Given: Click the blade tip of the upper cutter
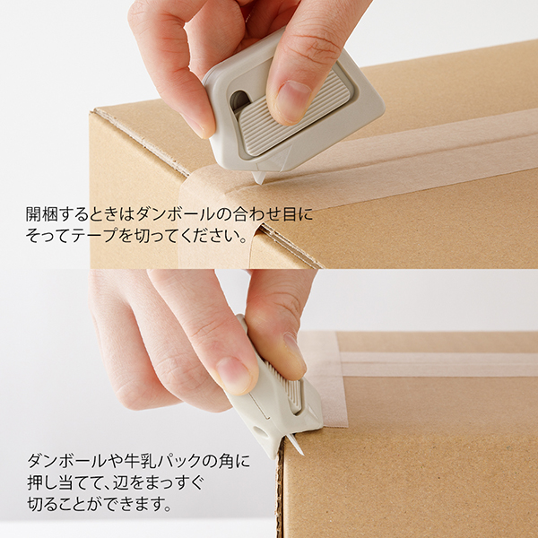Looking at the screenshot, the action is pyautogui.click(x=260, y=184).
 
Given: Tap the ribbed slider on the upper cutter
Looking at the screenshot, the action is pyautogui.click(x=294, y=114).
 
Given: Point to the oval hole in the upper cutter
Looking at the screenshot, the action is pyautogui.click(x=239, y=100).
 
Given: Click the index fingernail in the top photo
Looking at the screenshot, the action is pyautogui.click(x=292, y=100).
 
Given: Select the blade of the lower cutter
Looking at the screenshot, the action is pyautogui.click(x=295, y=444).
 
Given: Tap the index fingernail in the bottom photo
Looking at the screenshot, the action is pyautogui.click(x=233, y=376).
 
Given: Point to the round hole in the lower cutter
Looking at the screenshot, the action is pyautogui.click(x=260, y=432).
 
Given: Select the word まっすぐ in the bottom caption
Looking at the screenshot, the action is pyautogui.click(x=175, y=482).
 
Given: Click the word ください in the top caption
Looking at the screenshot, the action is pyautogui.click(x=208, y=236).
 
